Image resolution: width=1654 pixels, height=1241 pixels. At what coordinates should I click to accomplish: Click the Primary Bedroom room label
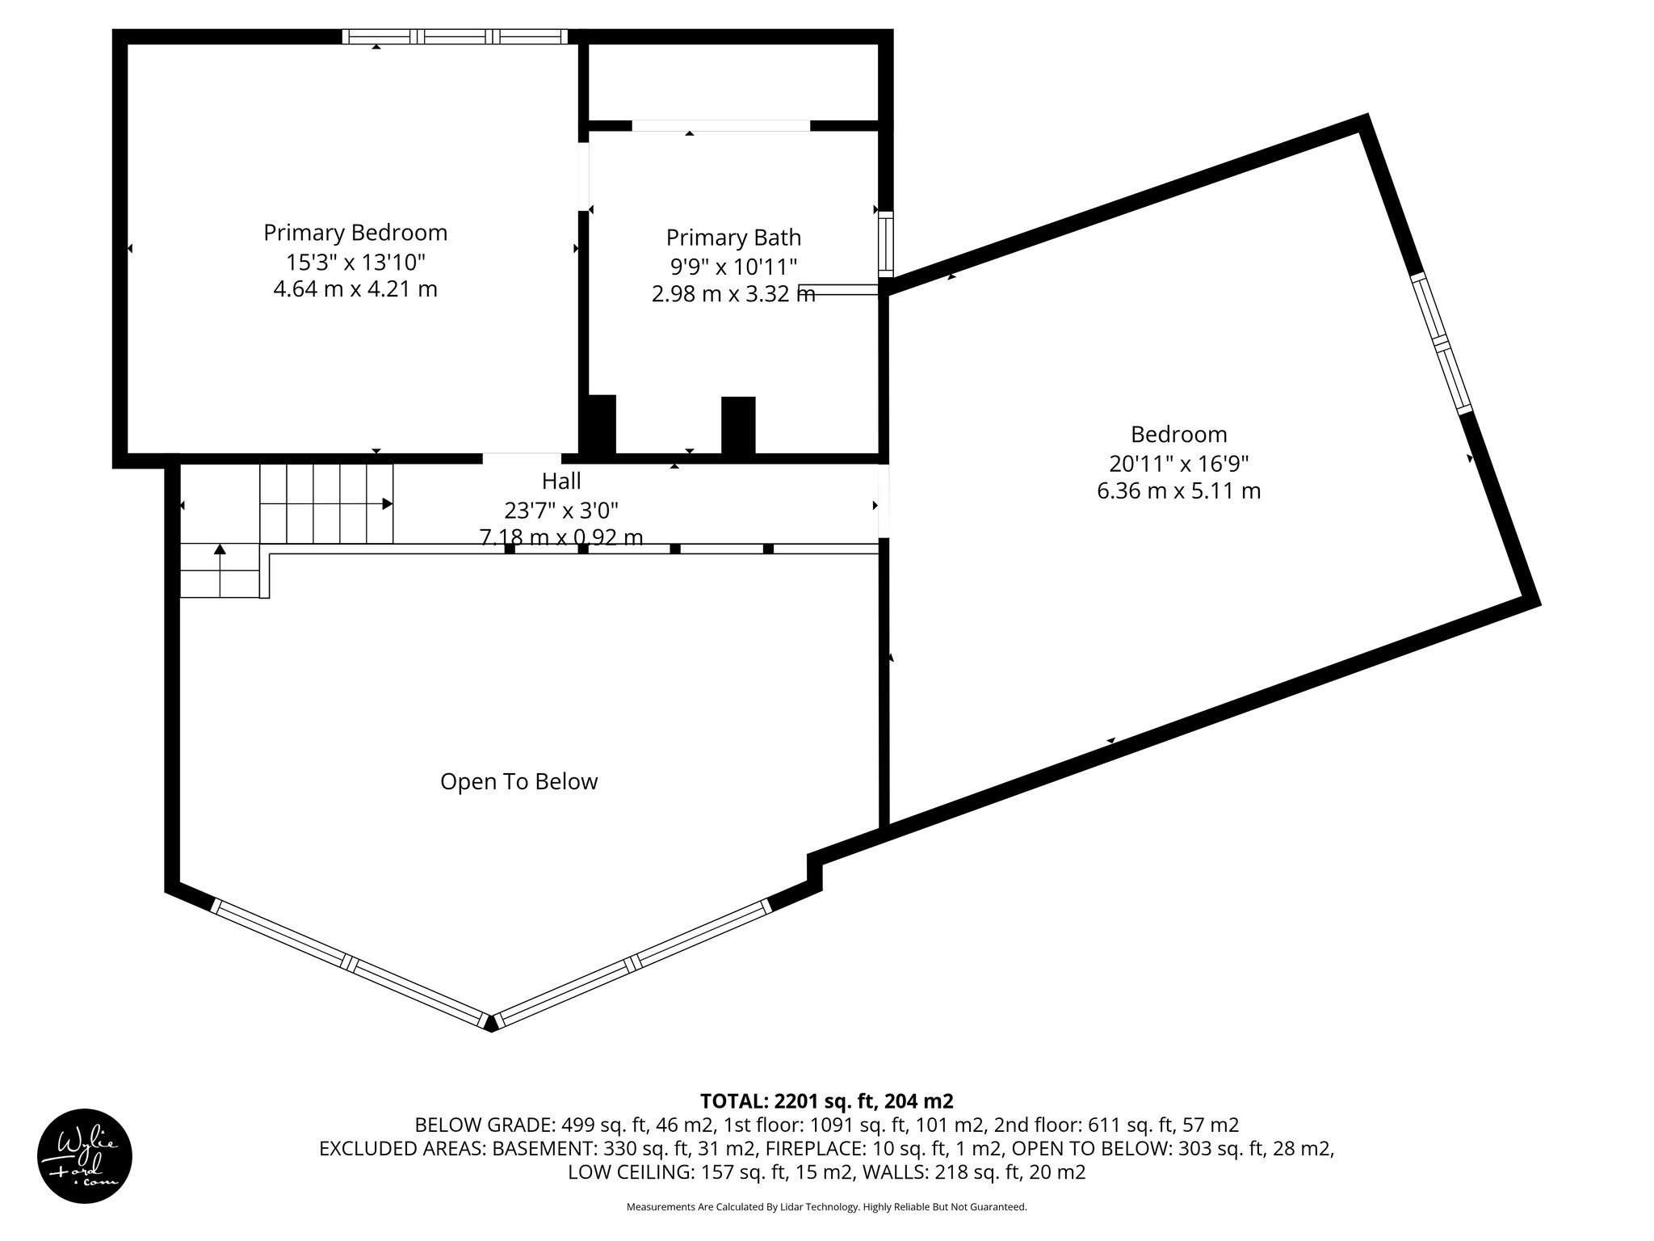click(x=355, y=233)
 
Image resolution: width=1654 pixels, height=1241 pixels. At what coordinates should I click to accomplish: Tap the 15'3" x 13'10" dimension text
click(x=355, y=262)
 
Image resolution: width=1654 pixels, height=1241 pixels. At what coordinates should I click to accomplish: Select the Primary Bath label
click(x=733, y=238)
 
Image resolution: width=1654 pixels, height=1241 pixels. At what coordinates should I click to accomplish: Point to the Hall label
click(x=561, y=482)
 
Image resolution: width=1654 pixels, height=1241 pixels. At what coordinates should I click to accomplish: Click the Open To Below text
click(x=518, y=781)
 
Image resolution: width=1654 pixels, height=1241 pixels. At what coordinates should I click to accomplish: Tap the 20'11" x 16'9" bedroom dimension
click(x=1178, y=464)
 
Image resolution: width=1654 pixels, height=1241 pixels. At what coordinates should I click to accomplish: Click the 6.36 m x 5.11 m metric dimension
click(x=1178, y=491)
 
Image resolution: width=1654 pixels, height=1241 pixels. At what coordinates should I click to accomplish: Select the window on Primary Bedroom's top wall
click(x=455, y=36)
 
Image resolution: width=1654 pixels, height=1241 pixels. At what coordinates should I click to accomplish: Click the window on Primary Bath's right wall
click(x=886, y=243)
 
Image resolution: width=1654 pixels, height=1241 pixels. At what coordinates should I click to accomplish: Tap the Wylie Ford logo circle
click(x=85, y=1156)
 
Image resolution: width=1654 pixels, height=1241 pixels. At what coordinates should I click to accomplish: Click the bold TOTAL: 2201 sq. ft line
click(x=826, y=1100)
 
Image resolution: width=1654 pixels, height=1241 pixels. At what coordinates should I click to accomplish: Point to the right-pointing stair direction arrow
click(x=388, y=504)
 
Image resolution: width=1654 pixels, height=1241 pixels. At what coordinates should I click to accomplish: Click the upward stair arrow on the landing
click(x=220, y=550)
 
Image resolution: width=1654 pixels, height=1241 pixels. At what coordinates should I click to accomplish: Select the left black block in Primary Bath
click(x=598, y=424)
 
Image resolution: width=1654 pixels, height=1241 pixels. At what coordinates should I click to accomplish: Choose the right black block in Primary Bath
click(x=738, y=425)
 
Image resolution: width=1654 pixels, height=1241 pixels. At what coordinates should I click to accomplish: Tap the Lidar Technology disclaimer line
click(x=826, y=1207)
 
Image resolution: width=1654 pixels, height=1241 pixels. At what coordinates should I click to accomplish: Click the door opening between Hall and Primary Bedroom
click(x=522, y=458)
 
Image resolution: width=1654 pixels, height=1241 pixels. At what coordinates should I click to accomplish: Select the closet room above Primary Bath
click(x=733, y=82)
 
